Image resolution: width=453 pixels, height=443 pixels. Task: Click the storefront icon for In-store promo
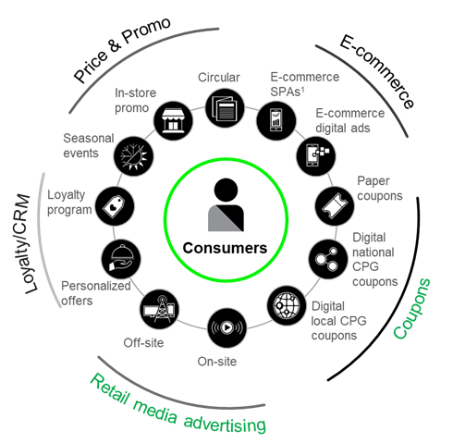click(x=173, y=121)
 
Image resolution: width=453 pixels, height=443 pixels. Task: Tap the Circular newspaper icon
click(x=225, y=108)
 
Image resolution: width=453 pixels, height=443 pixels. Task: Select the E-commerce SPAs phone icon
click(x=276, y=120)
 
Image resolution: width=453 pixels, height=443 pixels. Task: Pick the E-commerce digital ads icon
click(x=316, y=156)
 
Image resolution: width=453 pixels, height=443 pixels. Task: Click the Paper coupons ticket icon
click(x=335, y=205)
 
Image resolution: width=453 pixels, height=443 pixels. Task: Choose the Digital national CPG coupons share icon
click(x=328, y=259)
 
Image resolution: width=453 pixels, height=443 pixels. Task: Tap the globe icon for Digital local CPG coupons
click(x=287, y=305)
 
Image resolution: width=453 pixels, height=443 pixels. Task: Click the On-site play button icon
click(x=227, y=327)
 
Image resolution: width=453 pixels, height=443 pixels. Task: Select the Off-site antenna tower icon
click(x=159, y=309)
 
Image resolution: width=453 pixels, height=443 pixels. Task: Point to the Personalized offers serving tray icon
click(x=121, y=259)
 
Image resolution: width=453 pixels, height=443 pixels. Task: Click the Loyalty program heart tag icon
click(x=115, y=206)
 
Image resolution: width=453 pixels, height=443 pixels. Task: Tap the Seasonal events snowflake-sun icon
click(x=133, y=156)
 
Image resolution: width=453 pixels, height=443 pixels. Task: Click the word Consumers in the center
click(x=225, y=248)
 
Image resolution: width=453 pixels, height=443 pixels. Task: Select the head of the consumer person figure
click(x=226, y=190)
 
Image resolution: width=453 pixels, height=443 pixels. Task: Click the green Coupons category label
click(x=411, y=308)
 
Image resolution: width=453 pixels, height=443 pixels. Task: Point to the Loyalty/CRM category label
click(x=28, y=243)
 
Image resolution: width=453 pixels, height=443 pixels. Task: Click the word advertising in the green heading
click(x=225, y=423)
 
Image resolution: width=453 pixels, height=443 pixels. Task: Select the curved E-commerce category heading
click(x=377, y=72)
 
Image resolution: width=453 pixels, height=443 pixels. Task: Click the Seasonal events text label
click(x=89, y=145)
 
